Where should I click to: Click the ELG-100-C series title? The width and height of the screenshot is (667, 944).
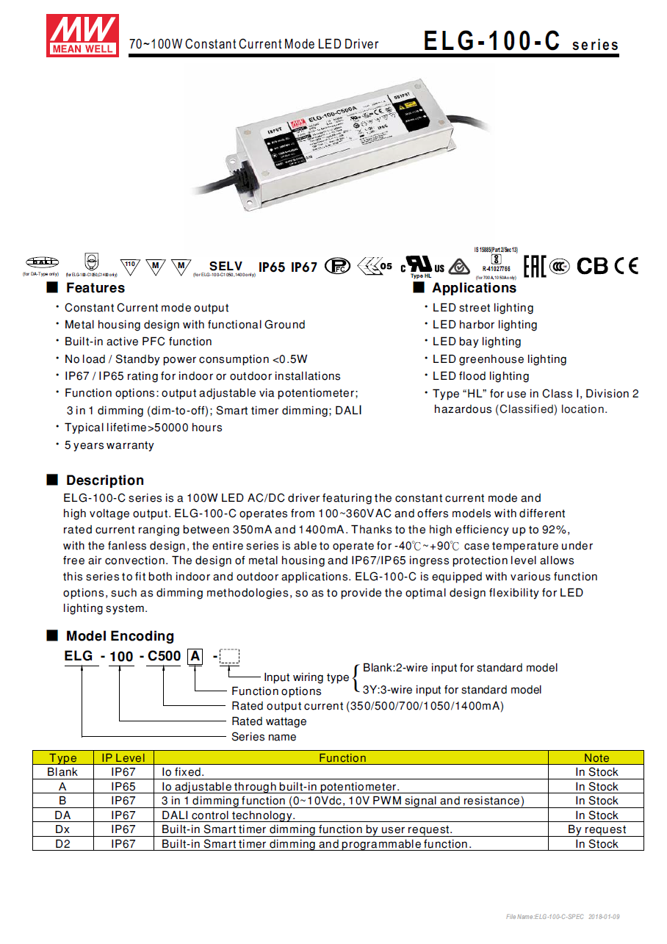[521, 42]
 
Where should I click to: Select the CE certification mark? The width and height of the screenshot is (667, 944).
[627, 266]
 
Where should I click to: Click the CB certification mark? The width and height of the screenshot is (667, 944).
[592, 266]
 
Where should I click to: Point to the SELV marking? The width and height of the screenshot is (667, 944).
[226, 267]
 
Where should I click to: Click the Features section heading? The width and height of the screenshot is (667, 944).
[95, 288]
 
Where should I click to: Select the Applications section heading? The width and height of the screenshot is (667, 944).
[474, 288]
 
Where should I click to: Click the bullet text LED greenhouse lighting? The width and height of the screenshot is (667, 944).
[500, 359]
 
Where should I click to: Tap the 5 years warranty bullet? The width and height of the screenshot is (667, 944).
[109, 445]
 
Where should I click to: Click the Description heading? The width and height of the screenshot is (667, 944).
[104, 480]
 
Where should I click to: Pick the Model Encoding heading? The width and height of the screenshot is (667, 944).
[120, 636]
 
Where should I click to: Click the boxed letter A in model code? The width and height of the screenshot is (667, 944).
[195, 656]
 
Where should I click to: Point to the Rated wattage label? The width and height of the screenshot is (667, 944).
[269, 721]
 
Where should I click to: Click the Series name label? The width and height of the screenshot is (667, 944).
[264, 737]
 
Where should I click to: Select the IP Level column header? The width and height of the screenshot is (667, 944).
[123, 757]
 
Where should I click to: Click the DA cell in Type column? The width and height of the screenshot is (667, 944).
[62, 815]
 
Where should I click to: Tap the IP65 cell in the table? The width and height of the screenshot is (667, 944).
[123, 786]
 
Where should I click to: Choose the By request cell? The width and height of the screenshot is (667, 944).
[596, 829]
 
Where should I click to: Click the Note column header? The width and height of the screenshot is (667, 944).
[596, 757]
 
